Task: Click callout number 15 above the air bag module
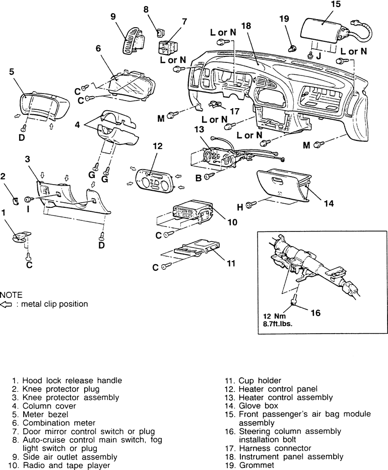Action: [x=336, y=5]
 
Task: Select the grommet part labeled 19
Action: [x=291, y=49]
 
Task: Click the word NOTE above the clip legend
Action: [x=12, y=294]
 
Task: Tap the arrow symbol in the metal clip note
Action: [x=7, y=304]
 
